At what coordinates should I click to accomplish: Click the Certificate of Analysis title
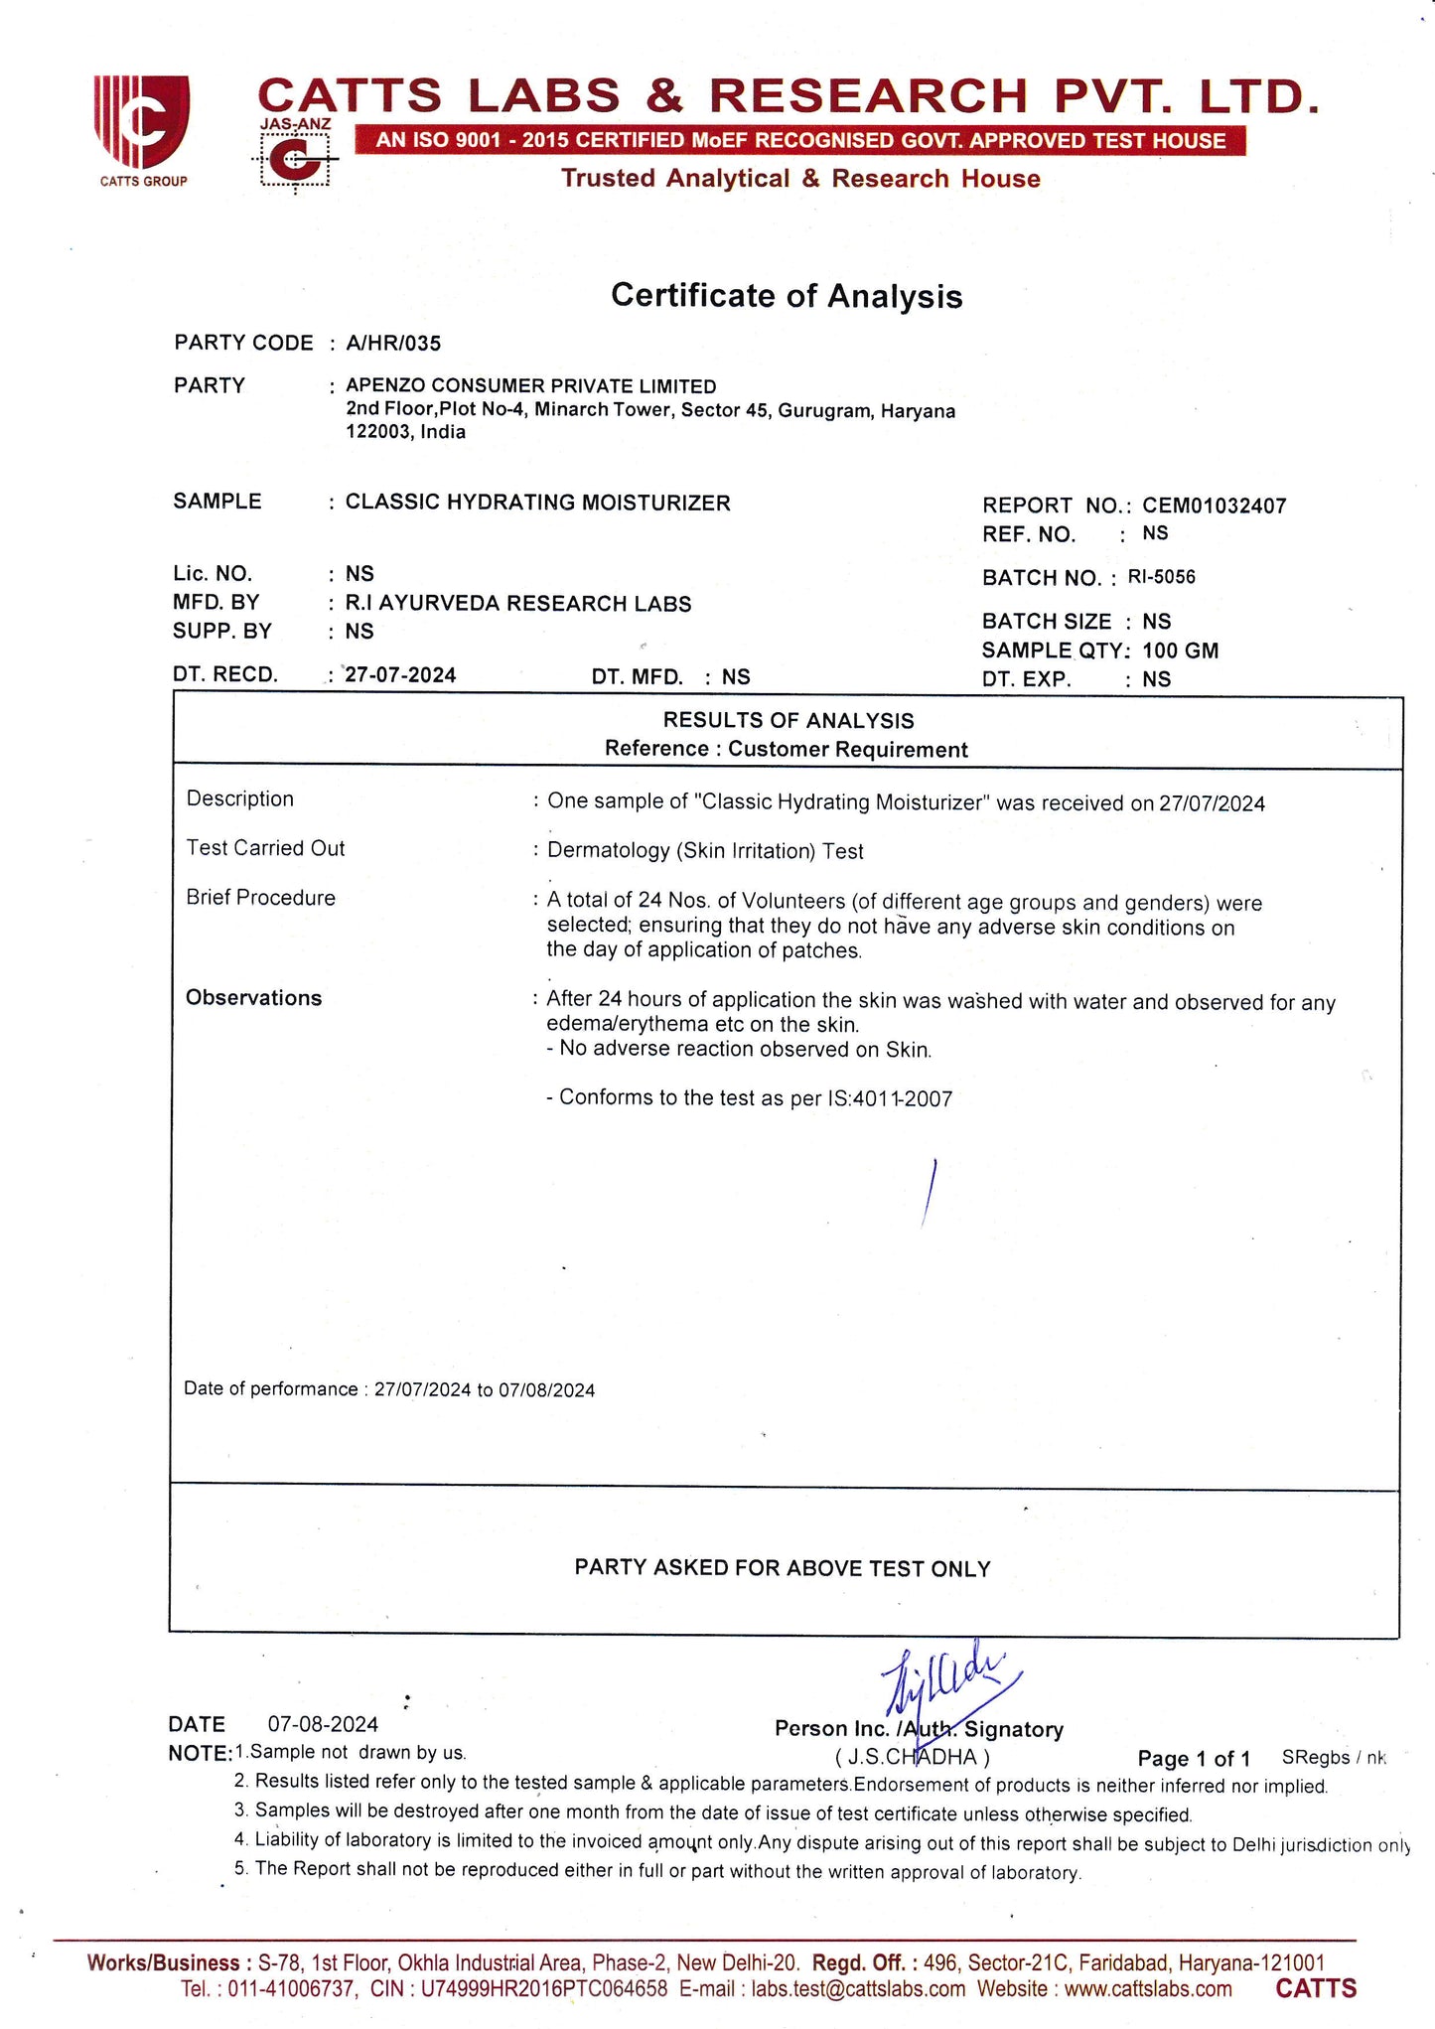786,296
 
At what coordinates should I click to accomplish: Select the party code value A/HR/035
393,344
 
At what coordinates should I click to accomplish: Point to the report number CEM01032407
1214,506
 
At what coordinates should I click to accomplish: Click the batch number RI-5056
1161,577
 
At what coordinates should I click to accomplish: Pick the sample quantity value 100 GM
1180,651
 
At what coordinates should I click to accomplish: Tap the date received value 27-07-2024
400,675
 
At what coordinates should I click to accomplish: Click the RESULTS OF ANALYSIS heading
789,720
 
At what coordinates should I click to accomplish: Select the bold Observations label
253,998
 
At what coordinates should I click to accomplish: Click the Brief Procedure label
260,898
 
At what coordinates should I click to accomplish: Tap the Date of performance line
389,1389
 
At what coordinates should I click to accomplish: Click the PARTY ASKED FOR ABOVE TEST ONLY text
783,1568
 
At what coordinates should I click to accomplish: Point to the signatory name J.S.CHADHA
913,1757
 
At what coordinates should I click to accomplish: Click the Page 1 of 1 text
1194,1759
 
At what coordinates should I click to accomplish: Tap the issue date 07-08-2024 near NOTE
323,1724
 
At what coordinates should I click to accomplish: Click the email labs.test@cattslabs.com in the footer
858,1989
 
